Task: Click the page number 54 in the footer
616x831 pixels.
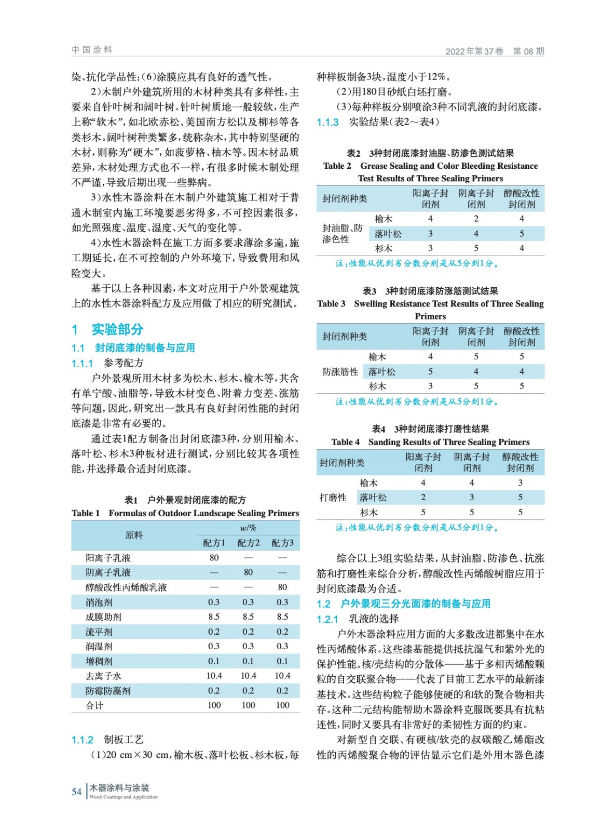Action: pyautogui.click(x=76, y=792)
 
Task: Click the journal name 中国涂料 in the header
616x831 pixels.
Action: pyautogui.click(x=92, y=50)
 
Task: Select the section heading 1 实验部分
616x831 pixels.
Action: pyautogui.click(x=107, y=329)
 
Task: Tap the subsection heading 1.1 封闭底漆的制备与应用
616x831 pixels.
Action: pyautogui.click(x=133, y=347)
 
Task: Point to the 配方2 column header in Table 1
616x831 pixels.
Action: pyautogui.click(x=248, y=543)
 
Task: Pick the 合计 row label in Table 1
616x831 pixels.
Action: pyautogui.click(x=94, y=705)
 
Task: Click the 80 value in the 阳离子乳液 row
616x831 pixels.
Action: pyautogui.click(x=214, y=557)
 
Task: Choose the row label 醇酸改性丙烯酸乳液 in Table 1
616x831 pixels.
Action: pyautogui.click(x=126, y=587)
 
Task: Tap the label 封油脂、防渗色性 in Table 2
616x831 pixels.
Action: pyautogui.click(x=342, y=234)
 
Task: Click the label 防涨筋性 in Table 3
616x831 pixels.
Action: pyautogui.click(x=340, y=371)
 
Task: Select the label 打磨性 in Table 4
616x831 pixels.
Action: pyautogui.click(x=333, y=498)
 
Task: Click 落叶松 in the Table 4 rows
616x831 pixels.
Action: pyautogui.click(x=373, y=498)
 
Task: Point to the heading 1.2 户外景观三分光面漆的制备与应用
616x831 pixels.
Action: pyautogui.click(x=403, y=604)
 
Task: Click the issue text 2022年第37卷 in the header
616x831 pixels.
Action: pyautogui.click(x=474, y=51)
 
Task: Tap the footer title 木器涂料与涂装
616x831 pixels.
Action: pyautogui.click(x=119, y=787)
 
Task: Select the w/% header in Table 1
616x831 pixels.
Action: pyautogui.click(x=248, y=528)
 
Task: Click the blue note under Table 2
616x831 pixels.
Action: pyautogui.click(x=417, y=263)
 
